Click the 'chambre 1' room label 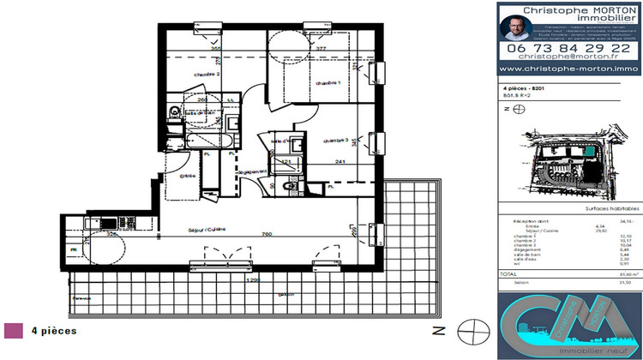[328, 82]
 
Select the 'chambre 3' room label [337, 141]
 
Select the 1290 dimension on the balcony [251, 279]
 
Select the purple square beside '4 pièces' [13, 330]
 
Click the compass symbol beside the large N [468, 329]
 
